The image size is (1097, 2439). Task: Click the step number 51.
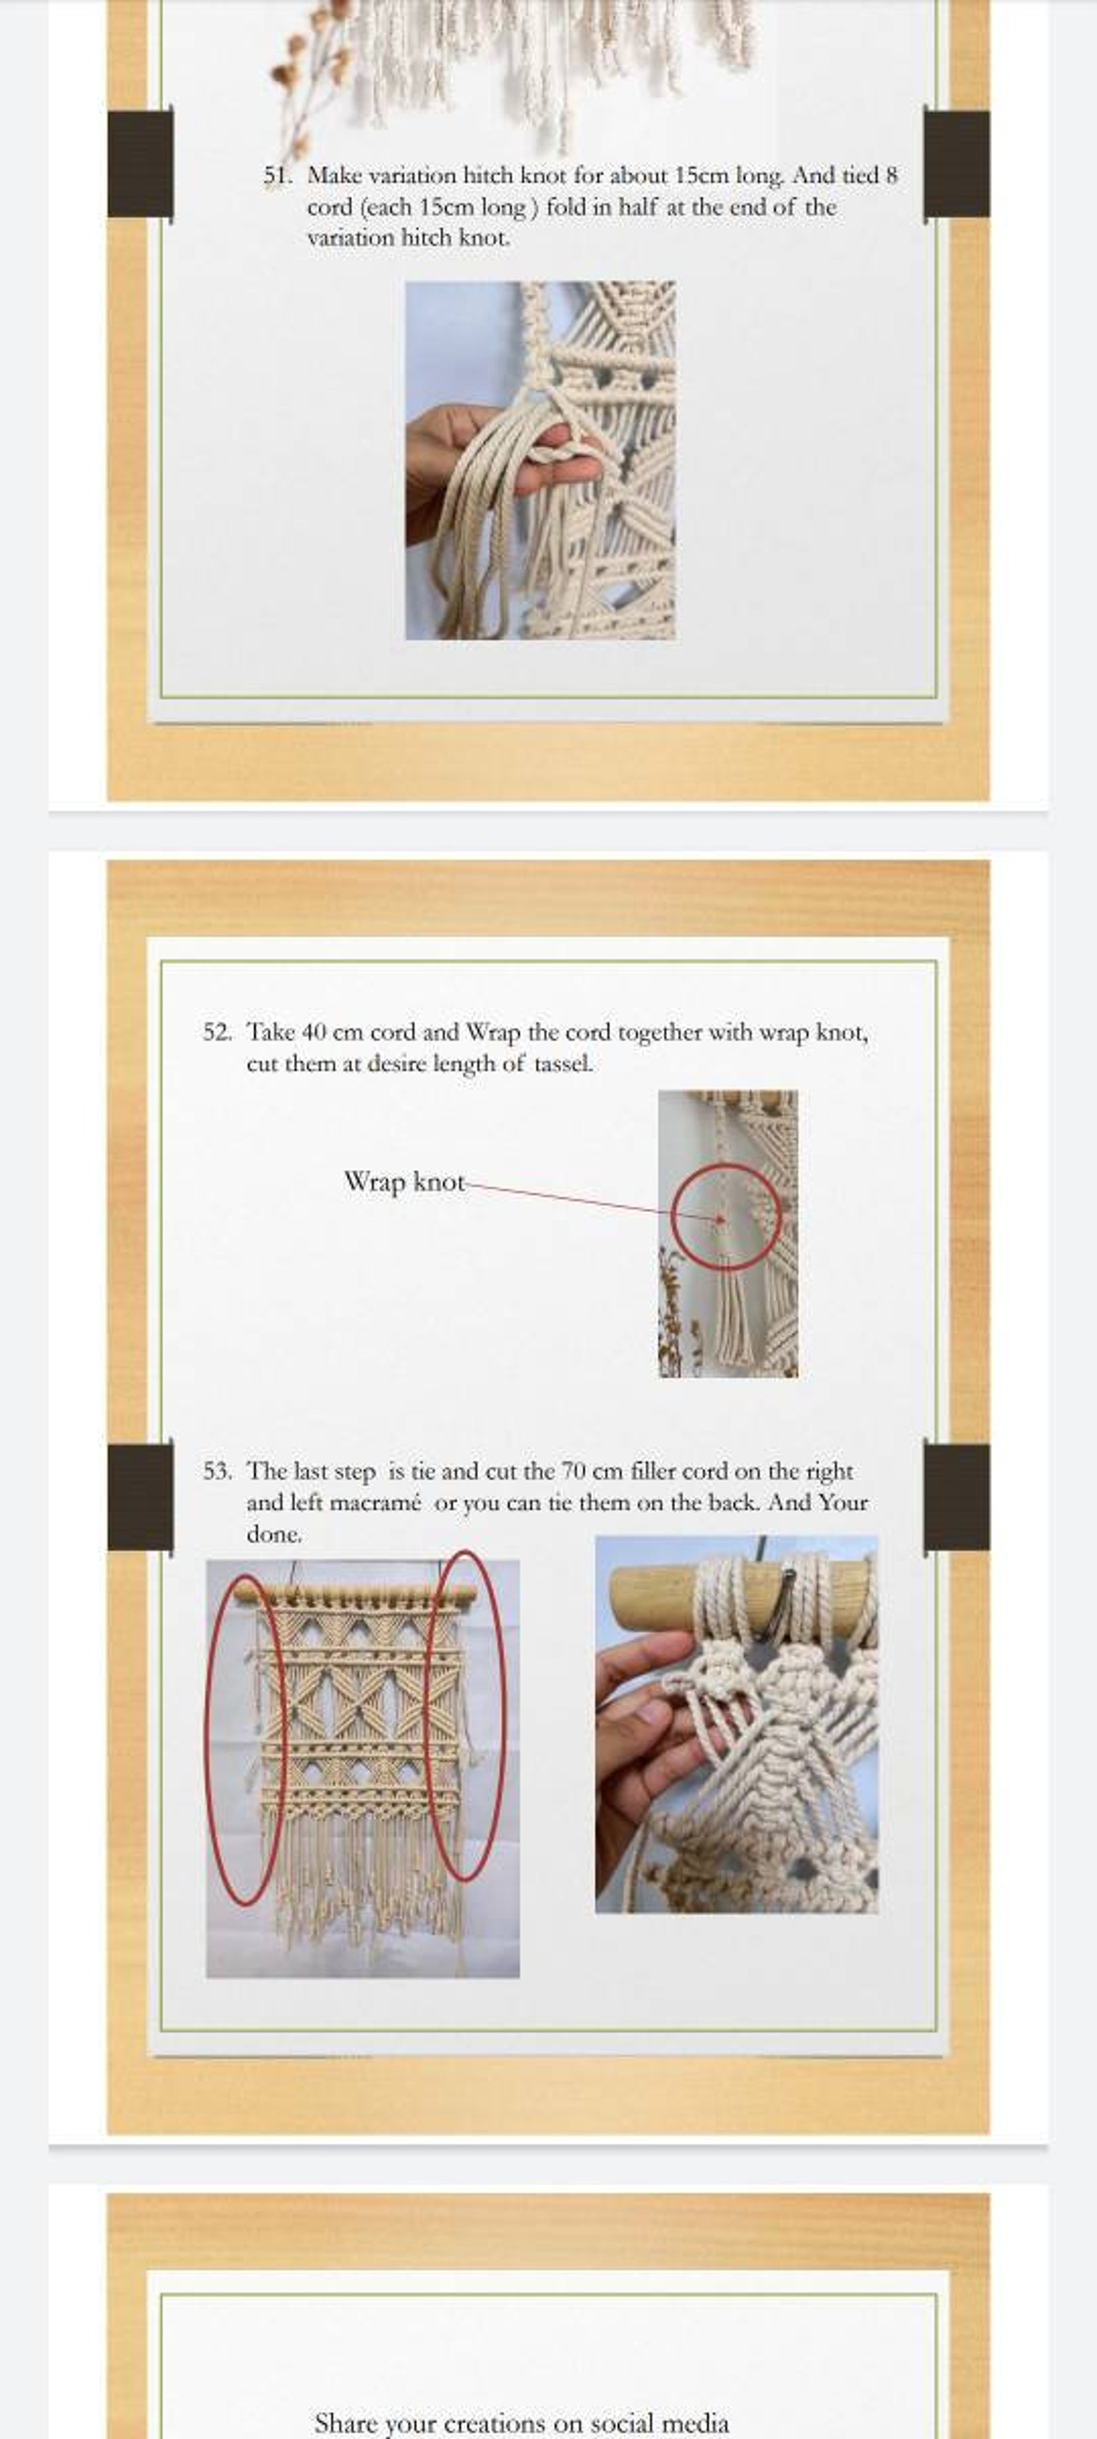tap(277, 176)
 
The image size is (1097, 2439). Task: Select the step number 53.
tap(217, 1471)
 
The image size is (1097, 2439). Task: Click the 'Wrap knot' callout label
tap(404, 1182)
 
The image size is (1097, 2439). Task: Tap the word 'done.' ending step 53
tap(274, 1534)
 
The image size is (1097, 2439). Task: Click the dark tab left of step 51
tap(140, 164)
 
